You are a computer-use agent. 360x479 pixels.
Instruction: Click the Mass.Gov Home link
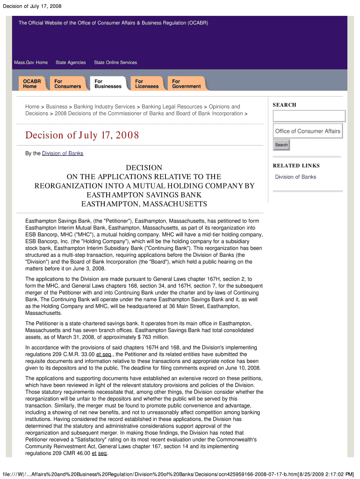click(31, 63)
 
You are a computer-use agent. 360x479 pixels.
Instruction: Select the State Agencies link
click(71, 63)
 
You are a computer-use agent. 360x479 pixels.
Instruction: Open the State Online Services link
click(115, 63)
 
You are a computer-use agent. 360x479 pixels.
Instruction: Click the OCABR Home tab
click(32, 84)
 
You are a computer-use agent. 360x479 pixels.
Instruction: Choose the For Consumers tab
click(67, 84)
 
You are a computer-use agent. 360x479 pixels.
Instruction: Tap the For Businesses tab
click(108, 84)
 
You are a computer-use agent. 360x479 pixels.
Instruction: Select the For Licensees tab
click(146, 84)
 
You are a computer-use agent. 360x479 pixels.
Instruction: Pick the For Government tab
click(186, 84)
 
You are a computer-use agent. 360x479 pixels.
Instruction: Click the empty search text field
click(309, 116)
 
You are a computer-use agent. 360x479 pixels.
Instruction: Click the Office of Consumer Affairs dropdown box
click(308, 131)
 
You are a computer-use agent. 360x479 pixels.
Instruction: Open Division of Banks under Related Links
click(295, 177)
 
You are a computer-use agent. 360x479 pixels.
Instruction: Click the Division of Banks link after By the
click(63, 153)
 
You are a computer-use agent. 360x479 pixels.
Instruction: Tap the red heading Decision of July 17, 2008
click(82, 136)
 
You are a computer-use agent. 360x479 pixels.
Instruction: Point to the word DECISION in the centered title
click(144, 167)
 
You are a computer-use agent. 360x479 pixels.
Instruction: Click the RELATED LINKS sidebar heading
click(296, 166)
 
